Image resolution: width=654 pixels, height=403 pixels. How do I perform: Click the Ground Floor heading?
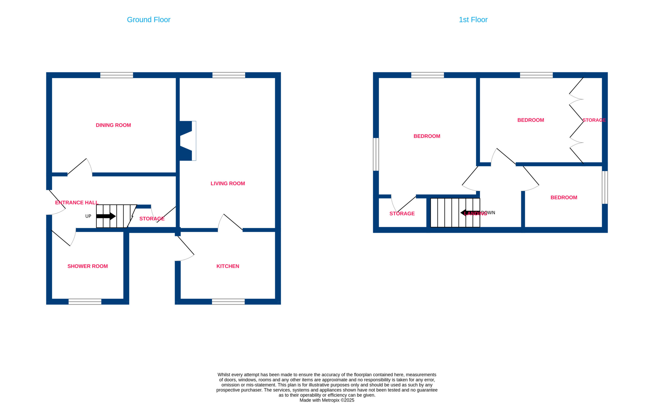(x=148, y=20)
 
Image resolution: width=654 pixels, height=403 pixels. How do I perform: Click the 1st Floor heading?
(x=473, y=20)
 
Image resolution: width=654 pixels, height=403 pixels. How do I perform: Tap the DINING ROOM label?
(x=113, y=125)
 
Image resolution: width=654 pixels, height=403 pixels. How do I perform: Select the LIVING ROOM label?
(x=228, y=184)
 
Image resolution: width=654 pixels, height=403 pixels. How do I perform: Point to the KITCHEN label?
(x=228, y=266)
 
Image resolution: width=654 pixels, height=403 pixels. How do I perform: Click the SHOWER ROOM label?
(x=87, y=266)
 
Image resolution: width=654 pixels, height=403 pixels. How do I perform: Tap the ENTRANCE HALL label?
(x=77, y=203)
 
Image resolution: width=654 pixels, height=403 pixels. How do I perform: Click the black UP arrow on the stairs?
(x=106, y=216)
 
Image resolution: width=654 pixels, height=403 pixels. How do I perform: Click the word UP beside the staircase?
(x=88, y=216)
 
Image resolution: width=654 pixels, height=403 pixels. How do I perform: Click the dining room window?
(x=116, y=75)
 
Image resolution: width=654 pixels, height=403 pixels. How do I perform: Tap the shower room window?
(x=85, y=302)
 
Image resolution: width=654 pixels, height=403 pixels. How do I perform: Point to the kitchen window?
(x=228, y=302)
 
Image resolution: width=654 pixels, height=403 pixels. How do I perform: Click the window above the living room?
(x=229, y=75)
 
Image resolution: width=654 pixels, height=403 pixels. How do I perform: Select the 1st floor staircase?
(x=455, y=213)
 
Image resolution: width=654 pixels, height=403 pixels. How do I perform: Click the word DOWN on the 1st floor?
(x=488, y=213)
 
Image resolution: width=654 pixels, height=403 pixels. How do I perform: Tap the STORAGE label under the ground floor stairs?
(x=152, y=219)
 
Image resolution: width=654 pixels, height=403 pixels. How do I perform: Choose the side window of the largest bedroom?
(x=376, y=154)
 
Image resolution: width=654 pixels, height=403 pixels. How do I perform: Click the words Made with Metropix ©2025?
(x=327, y=400)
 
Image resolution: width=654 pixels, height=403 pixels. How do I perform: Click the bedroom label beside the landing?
(x=564, y=197)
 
